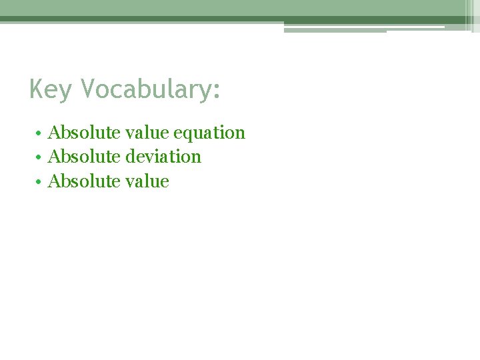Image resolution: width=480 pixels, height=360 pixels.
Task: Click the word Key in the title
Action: [51, 89]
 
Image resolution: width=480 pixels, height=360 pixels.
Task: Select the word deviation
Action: [163, 157]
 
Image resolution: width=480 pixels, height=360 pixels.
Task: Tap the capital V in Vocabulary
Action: [88, 89]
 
